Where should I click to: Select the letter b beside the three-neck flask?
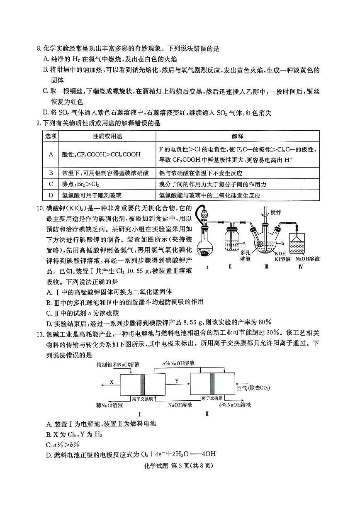tap(282, 242)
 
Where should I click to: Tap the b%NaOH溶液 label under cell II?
tap(235, 404)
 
